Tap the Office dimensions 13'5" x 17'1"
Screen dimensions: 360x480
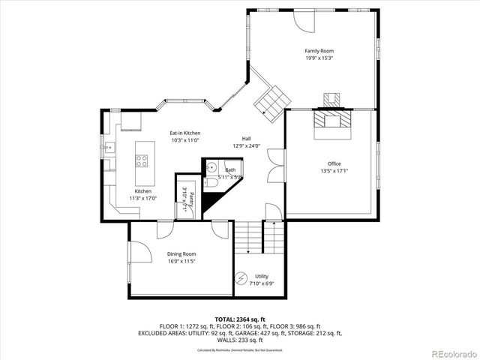[334, 170]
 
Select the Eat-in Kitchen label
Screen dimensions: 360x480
[184, 133]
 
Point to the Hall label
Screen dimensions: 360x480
[246, 139]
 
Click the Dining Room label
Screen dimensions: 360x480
[181, 255]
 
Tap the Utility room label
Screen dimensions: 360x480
[261, 277]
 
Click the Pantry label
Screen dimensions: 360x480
[191, 200]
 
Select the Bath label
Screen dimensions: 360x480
[229, 170]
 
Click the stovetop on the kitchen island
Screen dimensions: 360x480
[142, 159]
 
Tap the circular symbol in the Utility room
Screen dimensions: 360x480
[241, 280]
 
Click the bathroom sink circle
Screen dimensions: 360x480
[212, 168]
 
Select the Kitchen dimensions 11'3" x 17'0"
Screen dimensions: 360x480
[143, 199]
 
